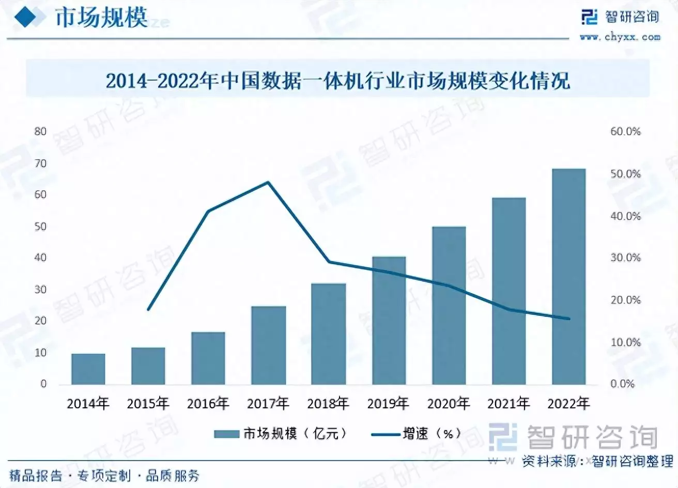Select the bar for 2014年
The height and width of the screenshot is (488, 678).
(88, 369)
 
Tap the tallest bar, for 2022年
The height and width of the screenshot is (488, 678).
(568, 277)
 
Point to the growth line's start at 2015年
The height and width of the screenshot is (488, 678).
(148, 310)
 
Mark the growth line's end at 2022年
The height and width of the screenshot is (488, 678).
(568, 318)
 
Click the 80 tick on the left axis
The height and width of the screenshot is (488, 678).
(40, 131)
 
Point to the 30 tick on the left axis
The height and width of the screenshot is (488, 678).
(40, 289)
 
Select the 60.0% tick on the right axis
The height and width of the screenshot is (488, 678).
(625, 131)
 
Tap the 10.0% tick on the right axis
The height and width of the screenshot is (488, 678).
(625, 342)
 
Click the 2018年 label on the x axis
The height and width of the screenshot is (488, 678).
(328, 403)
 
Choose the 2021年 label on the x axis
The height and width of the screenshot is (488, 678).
(508, 403)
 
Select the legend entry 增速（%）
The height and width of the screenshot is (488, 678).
(417, 433)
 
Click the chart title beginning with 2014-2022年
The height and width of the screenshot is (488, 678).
(338, 81)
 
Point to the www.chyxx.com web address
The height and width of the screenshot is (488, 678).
(620, 37)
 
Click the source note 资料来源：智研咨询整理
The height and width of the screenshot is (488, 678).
(597, 461)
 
